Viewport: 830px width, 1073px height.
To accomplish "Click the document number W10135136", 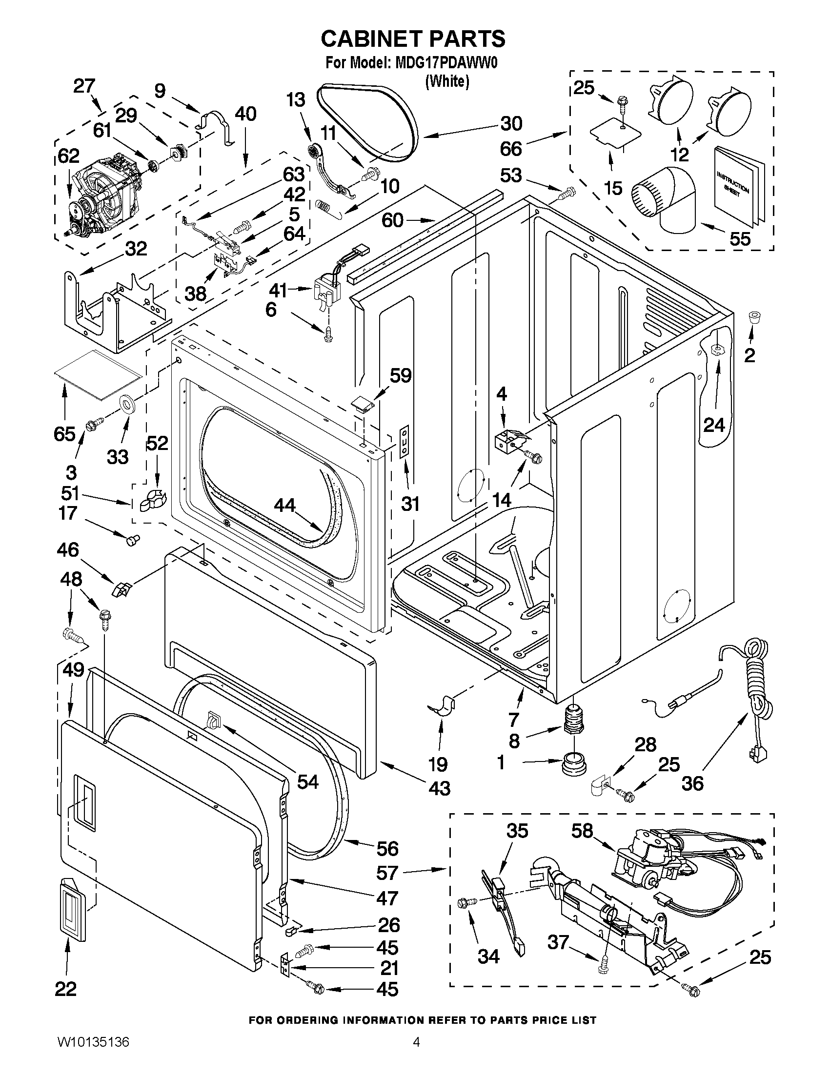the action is tap(91, 1053).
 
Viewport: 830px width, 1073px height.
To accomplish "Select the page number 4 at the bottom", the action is tap(416, 1053).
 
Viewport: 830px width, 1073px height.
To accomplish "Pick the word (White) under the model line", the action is tap(447, 81).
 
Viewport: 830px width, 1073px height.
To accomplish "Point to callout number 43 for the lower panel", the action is tap(439, 788).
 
